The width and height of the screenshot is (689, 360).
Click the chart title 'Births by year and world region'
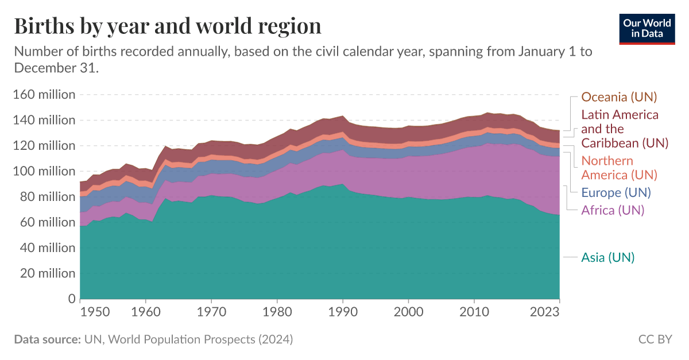tap(167, 26)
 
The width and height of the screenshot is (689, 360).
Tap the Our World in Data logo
tap(647, 28)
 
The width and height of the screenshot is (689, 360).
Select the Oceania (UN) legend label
tap(619, 97)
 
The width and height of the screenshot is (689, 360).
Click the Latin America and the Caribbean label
tap(620, 129)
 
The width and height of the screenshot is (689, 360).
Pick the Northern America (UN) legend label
tap(619, 168)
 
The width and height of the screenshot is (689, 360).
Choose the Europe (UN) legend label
tap(616, 193)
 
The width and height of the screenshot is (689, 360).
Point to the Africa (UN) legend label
tap(613, 210)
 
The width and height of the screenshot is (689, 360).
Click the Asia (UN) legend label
tap(607, 258)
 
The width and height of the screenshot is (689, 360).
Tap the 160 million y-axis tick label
tap(44, 95)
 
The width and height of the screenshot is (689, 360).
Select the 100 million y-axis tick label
tap(44, 171)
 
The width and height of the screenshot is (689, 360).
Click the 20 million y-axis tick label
tap(47, 273)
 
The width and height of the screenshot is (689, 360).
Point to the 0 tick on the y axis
tap(72, 299)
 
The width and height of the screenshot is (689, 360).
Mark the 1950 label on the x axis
tap(95, 312)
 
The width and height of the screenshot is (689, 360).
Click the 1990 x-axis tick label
tap(343, 312)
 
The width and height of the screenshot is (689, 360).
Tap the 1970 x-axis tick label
tap(211, 312)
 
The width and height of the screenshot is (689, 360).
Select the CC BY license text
tap(655, 339)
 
